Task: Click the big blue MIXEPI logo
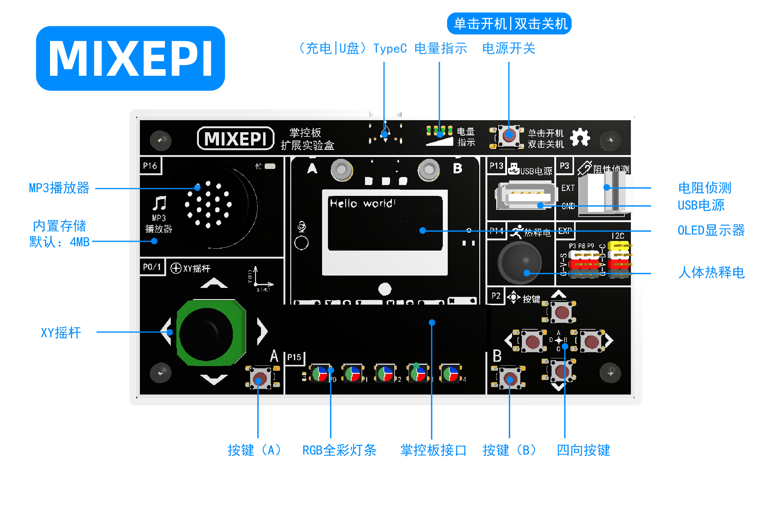(130, 58)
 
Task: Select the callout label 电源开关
(508, 49)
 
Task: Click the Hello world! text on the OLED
(362, 203)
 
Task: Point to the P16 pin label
(150, 166)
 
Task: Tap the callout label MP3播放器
(59, 188)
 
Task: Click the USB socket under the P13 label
(527, 196)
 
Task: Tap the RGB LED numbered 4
(451, 374)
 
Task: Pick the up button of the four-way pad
(562, 312)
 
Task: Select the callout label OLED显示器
(711, 230)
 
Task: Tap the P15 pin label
(294, 357)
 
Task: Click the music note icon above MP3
(160, 203)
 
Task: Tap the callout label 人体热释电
(711, 272)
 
